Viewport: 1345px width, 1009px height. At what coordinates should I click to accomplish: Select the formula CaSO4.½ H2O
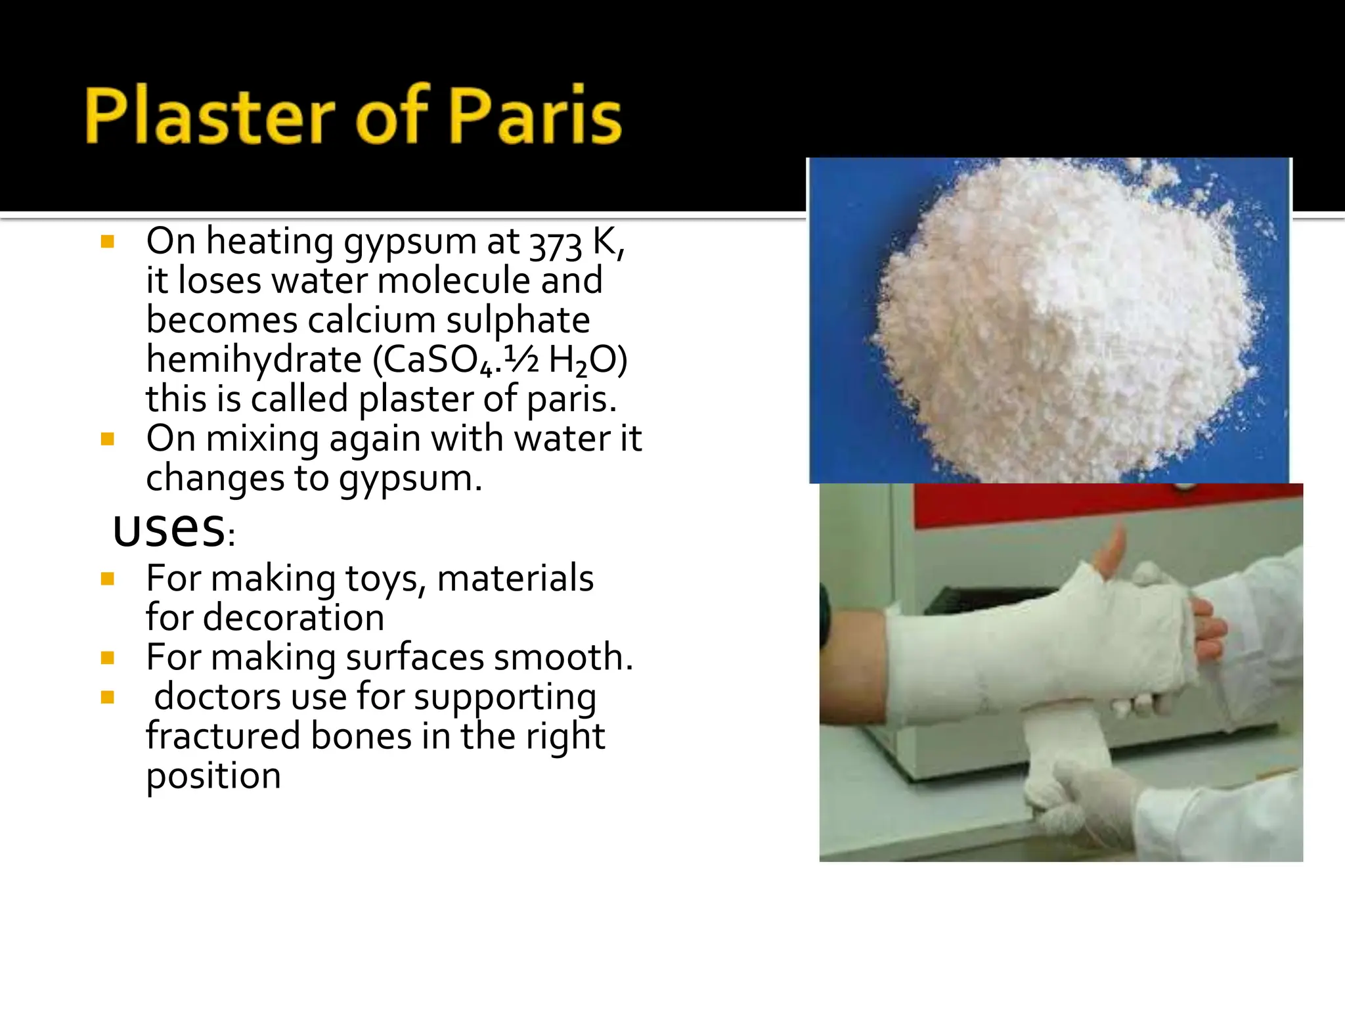click(x=500, y=360)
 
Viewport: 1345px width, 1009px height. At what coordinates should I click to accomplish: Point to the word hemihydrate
click(x=254, y=360)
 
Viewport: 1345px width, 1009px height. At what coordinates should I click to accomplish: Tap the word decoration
click(x=294, y=618)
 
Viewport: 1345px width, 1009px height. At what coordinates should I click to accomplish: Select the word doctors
click(x=217, y=696)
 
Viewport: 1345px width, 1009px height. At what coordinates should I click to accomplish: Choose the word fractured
click(x=223, y=736)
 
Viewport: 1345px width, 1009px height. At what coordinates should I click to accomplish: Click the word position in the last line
click(x=213, y=776)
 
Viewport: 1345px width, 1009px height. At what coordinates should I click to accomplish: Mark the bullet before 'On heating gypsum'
click(x=108, y=242)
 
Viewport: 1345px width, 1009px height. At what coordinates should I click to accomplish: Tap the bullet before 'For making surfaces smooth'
click(x=108, y=658)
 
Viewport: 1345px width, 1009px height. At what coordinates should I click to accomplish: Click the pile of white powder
click(x=1064, y=328)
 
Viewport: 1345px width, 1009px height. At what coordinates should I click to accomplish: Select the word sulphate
click(x=518, y=321)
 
